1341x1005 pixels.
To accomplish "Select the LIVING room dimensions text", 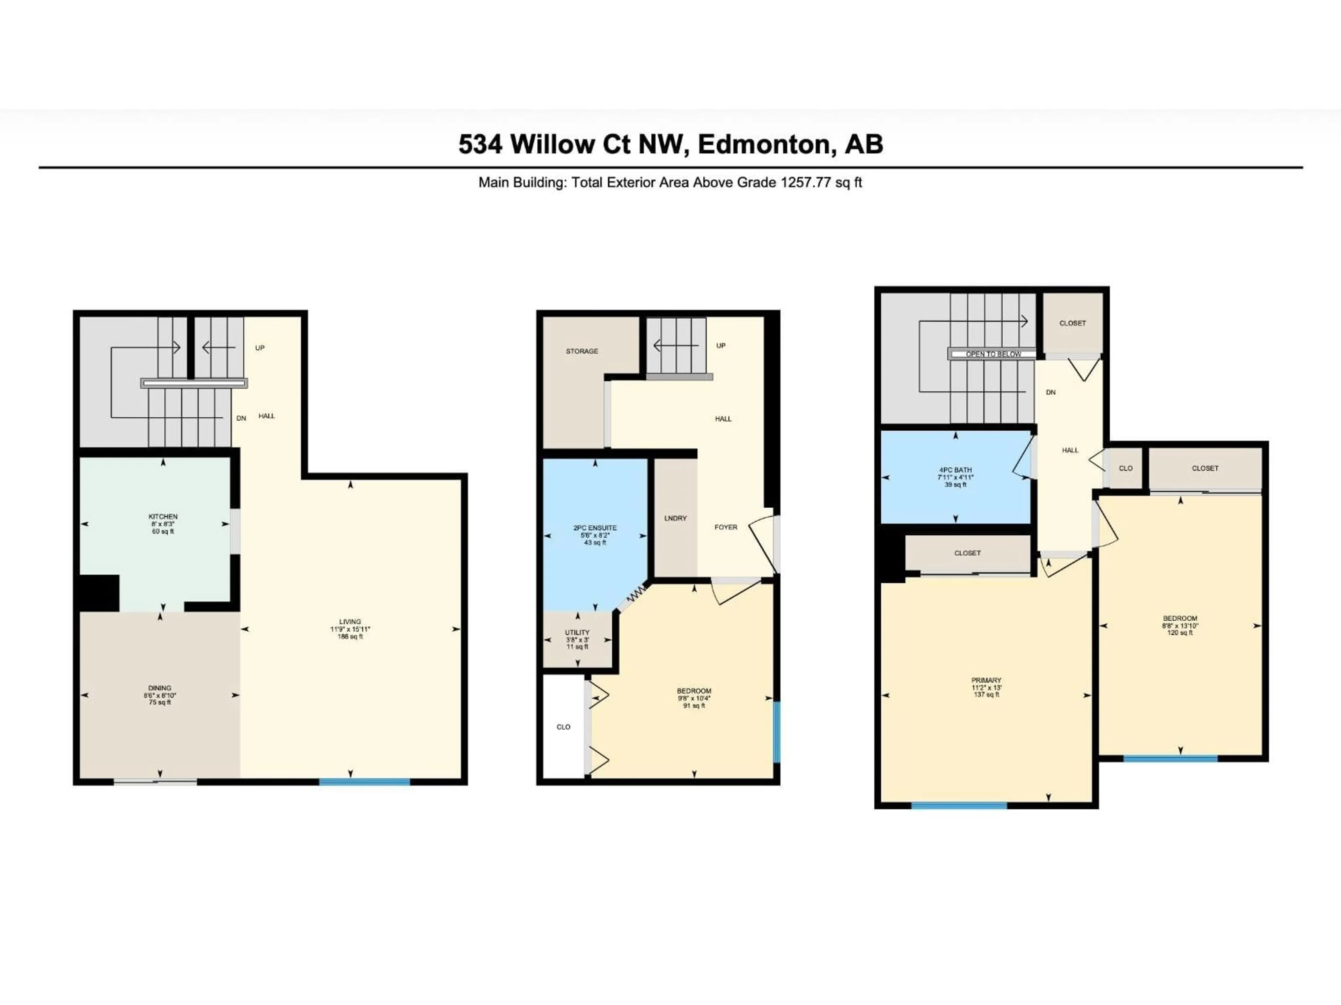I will (x=350, y=630).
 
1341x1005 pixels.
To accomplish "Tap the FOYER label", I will (x=726, y=527).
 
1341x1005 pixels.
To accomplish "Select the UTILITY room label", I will (x=577, y=632).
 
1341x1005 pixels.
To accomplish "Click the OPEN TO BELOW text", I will (x=993, y=354).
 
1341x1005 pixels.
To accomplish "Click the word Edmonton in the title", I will (x=764, y=144).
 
